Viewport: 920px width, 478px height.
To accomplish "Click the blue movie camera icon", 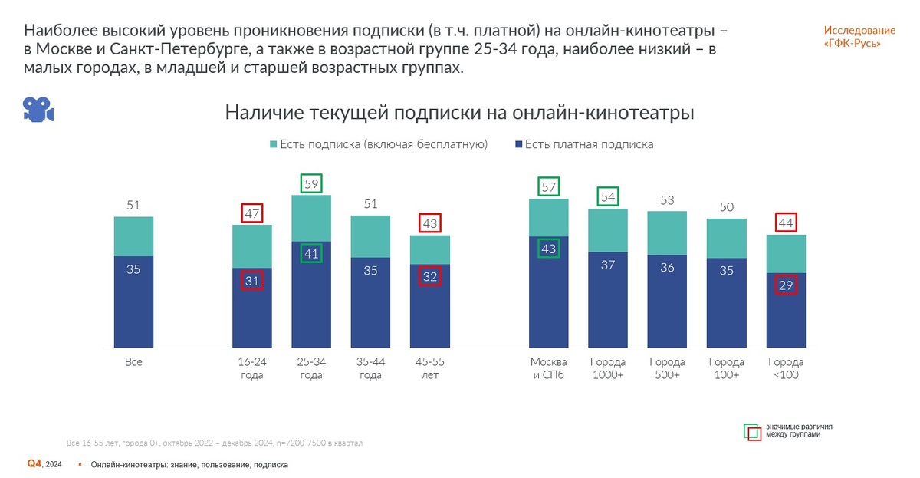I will tap(38, 110).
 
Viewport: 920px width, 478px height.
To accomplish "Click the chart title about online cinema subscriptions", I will tap(459, 113).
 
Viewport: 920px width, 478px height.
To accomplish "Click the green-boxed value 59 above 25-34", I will tap(310, 184).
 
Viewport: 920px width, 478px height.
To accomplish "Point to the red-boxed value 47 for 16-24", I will tap(252, 213).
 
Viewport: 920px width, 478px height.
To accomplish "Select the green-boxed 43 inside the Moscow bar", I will tap(549, 249).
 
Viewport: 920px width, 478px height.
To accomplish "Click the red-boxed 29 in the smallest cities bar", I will tap(786, 285).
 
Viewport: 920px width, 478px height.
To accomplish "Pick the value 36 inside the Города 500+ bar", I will tap(667, 267).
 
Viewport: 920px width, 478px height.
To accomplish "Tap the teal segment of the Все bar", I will tap(133, 236).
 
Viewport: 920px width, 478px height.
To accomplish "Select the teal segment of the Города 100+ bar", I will tap(726, 238).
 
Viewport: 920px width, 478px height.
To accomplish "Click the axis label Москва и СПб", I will tap(549, 368).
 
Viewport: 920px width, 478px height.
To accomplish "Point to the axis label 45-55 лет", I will tap(429, 368).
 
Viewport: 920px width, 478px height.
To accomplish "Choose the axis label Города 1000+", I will tap(608, 368).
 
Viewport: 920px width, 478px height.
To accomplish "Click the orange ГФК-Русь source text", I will tap(859, 37).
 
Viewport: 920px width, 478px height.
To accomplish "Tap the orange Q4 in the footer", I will tap(34, 463).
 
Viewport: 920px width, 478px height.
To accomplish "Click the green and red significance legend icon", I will tap(752, 431).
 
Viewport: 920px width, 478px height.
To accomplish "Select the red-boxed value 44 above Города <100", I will tap(786, 223).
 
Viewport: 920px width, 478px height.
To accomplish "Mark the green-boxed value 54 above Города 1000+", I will tap(608, 197).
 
